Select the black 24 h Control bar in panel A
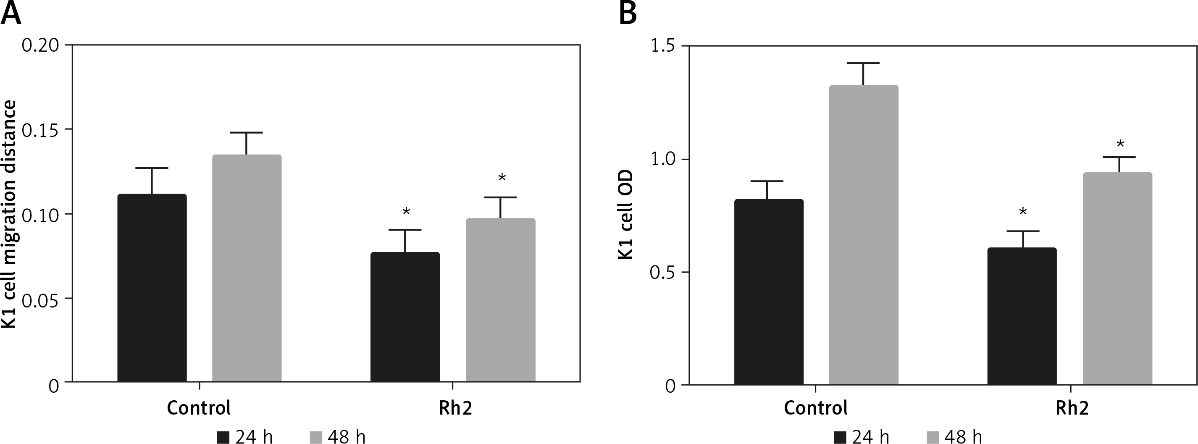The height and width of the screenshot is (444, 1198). [152, 288]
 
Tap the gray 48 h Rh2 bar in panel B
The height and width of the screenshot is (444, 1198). [1117, 278]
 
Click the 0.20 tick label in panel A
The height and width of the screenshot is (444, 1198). [41, 45]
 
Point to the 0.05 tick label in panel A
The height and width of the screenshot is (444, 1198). [41, 299]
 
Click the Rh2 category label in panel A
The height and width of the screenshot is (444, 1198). [455, 408]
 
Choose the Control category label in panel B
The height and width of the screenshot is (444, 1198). [816, 408]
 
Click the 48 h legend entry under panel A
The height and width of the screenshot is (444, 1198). [338, 437]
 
